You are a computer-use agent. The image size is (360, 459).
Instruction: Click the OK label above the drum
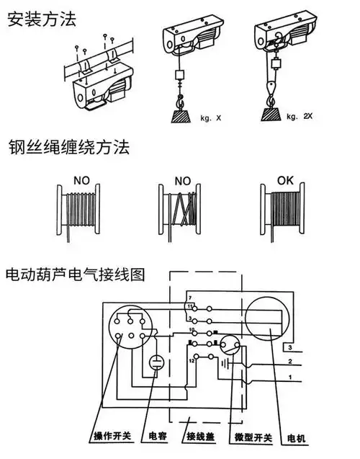[x=286, y=175]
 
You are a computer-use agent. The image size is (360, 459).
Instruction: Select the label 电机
[x=294, y=437]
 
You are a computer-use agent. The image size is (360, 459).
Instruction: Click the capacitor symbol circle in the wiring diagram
[x=156, y=365]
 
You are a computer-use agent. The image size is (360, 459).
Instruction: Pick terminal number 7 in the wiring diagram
[x=189, y=298]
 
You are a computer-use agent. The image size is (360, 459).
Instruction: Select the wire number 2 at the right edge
[x=289, y=362]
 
